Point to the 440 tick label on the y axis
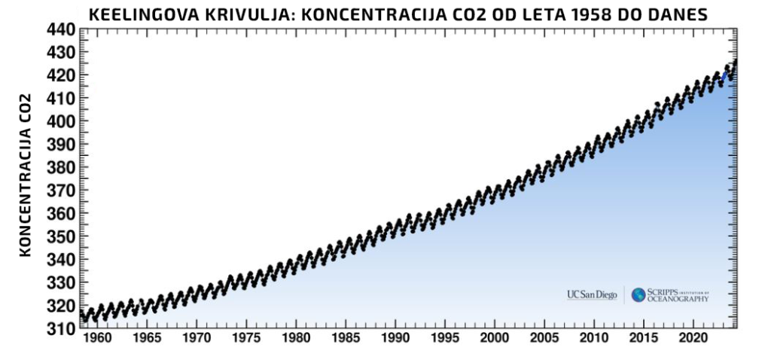[62, 29]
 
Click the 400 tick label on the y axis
[62, 122]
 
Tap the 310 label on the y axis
[62, 330]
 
